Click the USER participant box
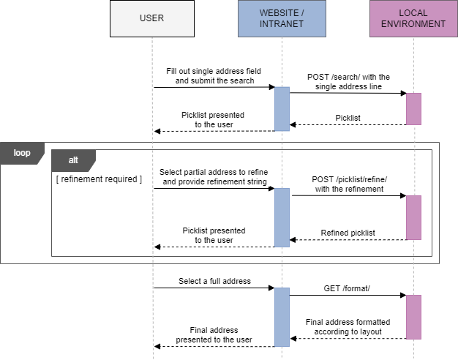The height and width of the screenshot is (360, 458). (152, 18)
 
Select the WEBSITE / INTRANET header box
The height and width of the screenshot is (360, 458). (282, 18)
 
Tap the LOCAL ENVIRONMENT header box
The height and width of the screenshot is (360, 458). (413, 18)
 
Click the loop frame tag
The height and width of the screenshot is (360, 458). (21, 153)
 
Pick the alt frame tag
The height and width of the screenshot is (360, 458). (72, 160)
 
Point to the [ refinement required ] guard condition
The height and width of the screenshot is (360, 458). (99, 179)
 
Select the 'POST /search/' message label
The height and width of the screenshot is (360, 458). (348, 81)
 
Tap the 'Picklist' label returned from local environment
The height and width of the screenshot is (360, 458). (348, 117)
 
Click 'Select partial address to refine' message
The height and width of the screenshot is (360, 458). (214, 176)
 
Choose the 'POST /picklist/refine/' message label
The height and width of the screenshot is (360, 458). (348, 184)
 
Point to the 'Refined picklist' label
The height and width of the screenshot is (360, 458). (348, 233)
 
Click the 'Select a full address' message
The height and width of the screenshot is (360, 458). (214, 281)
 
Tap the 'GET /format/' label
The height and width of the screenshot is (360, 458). (348, 288)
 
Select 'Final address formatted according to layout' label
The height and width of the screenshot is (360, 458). (348, 326)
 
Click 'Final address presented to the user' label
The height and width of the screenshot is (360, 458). (214, 334)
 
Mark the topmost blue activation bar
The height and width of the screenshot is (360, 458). (282, 109)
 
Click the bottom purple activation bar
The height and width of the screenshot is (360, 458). (413, 317)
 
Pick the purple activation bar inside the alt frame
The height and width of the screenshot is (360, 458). (413, 217)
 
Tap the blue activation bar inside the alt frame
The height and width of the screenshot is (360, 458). (282, 217)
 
